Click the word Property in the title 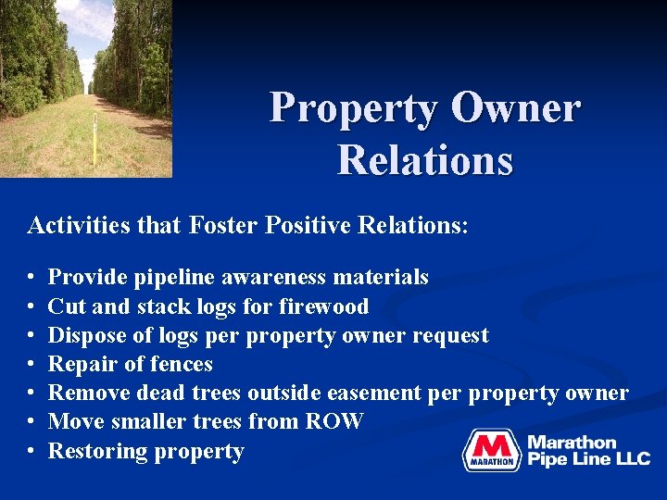coord(353,109)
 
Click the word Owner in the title coord(516,109)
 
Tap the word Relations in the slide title coord(425,158)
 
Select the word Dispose coord(82,335)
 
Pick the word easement coord(376,393)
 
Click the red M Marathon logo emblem coord(492,450)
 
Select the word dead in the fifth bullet coord(159,393)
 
